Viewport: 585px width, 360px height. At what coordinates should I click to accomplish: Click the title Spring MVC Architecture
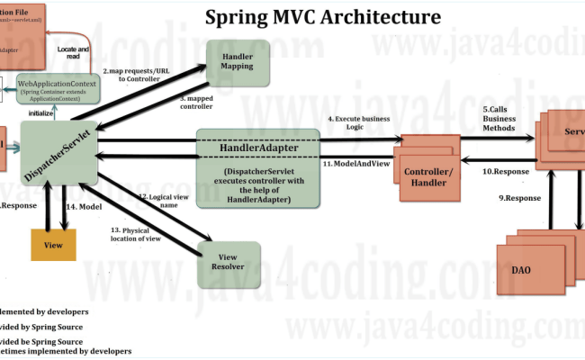pyautogui.click(x=323, y=17)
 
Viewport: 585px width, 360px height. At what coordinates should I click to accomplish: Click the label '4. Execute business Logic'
pyautogui.click(x=358, y=124)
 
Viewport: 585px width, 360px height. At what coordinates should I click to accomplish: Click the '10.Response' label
pyautogui.click(x=506, y=171)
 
